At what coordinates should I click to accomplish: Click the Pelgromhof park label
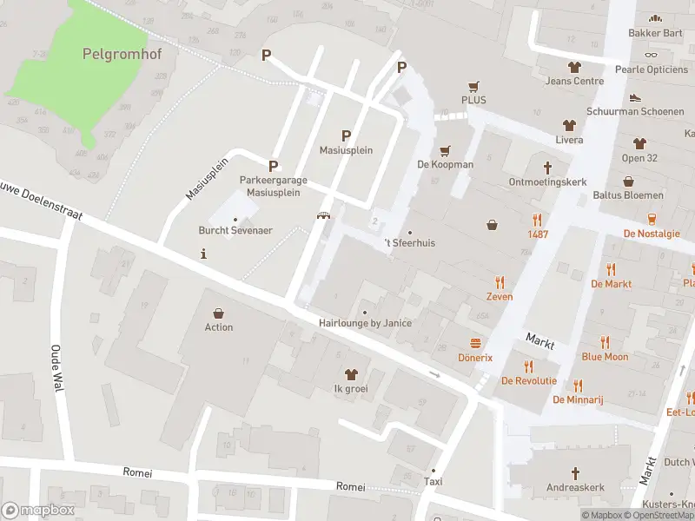[x=122, y=53]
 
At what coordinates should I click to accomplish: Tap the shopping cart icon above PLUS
[x=473, y=86]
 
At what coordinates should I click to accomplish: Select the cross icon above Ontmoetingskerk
[x=547, y=168]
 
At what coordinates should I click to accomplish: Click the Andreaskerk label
[x=575, y=487]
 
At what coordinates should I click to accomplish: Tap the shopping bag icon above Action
[x=219, y=313]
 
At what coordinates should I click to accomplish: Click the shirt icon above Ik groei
[x=351, y=374]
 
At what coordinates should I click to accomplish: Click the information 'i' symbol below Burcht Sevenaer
[x=203, y=254]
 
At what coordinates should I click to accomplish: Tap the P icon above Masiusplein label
[x=346, y=135]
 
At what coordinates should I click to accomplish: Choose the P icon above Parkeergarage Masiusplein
[x=273, y=165]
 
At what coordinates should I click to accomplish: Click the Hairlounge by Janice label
[x=365, y=323]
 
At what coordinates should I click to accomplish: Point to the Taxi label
[x=433, y=481]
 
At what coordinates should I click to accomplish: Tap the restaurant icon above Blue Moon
[x=605, y=342]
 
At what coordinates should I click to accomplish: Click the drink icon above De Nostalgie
[x=652, y=219]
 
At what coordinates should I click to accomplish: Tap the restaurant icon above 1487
[x=537, y=220]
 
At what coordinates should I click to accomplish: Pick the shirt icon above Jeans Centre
[x=574, y=67]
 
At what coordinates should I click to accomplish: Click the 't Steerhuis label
[x=409, y=243]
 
